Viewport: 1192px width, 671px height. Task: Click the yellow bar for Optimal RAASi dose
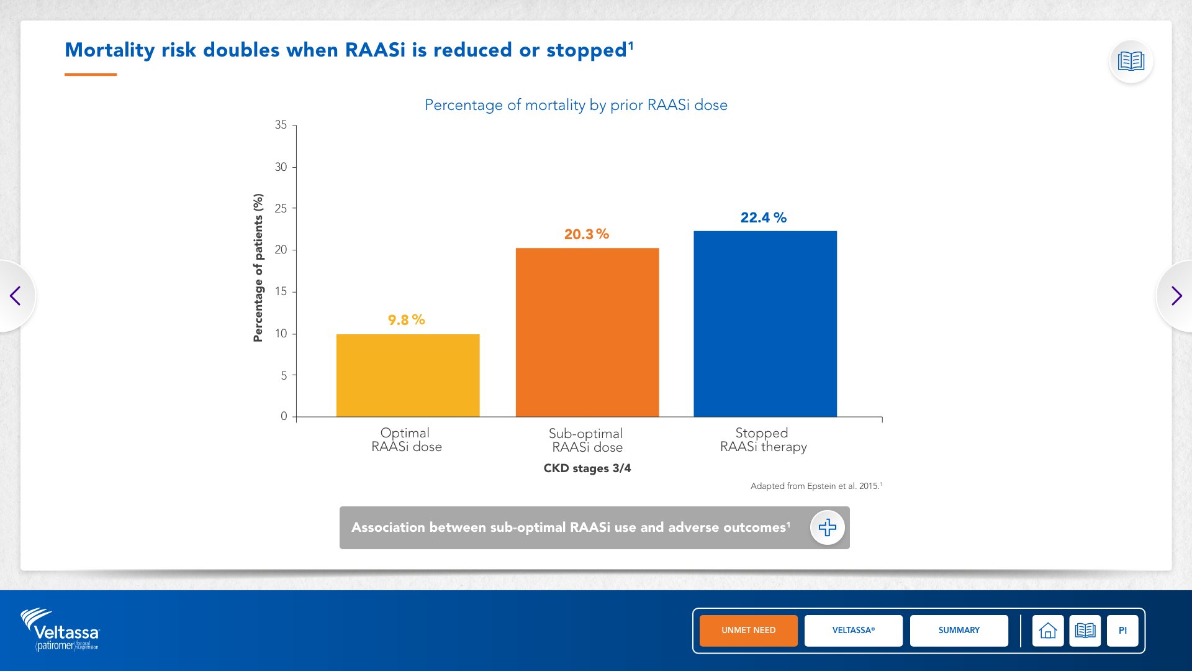pos(408,375)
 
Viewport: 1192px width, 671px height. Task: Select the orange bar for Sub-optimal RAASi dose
pos(587,332)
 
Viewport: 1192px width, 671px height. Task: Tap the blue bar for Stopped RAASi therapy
pos(765,324)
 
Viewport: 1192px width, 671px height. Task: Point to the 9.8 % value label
pos(407,320)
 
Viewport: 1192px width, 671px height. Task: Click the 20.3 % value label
pos(587,234)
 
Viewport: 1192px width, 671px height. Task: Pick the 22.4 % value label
pos(764,217)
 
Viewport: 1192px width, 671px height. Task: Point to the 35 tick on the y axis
pos(281,125)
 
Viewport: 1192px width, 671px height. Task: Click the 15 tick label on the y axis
pos(281,291)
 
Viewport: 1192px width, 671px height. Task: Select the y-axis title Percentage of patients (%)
pos(258,268)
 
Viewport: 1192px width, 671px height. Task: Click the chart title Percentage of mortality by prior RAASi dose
pos(576,105)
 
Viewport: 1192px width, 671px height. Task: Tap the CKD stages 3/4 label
pos(587,468)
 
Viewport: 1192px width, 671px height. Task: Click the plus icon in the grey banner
pos(828,527)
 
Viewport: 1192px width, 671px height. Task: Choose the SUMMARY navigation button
pos(959,631)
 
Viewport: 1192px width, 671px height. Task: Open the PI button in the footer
pos(1122,631)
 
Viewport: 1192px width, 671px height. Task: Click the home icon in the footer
pos(1048,631)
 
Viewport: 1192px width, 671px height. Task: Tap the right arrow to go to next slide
pos(1176,296)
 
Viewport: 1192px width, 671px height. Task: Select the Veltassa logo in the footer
pos(60,629)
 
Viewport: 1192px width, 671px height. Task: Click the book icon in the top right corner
pos(1131,61)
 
